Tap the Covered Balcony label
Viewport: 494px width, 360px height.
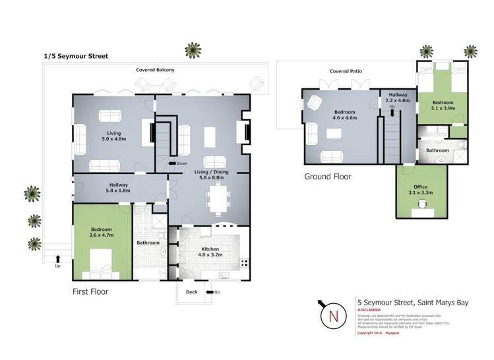pyautogui.click(x=155, y=69)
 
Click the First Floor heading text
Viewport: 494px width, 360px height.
pyautogui.click(x=91, y=291)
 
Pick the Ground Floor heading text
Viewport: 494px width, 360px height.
pyautogui.click(x=327, y=177)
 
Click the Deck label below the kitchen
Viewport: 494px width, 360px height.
pyautogui.click(x=191, y=291)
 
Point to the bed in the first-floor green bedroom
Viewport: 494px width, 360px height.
pyautogui.click(x=102, y=262)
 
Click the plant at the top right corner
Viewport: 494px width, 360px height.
pyautogui.click(x=470, y=50)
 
